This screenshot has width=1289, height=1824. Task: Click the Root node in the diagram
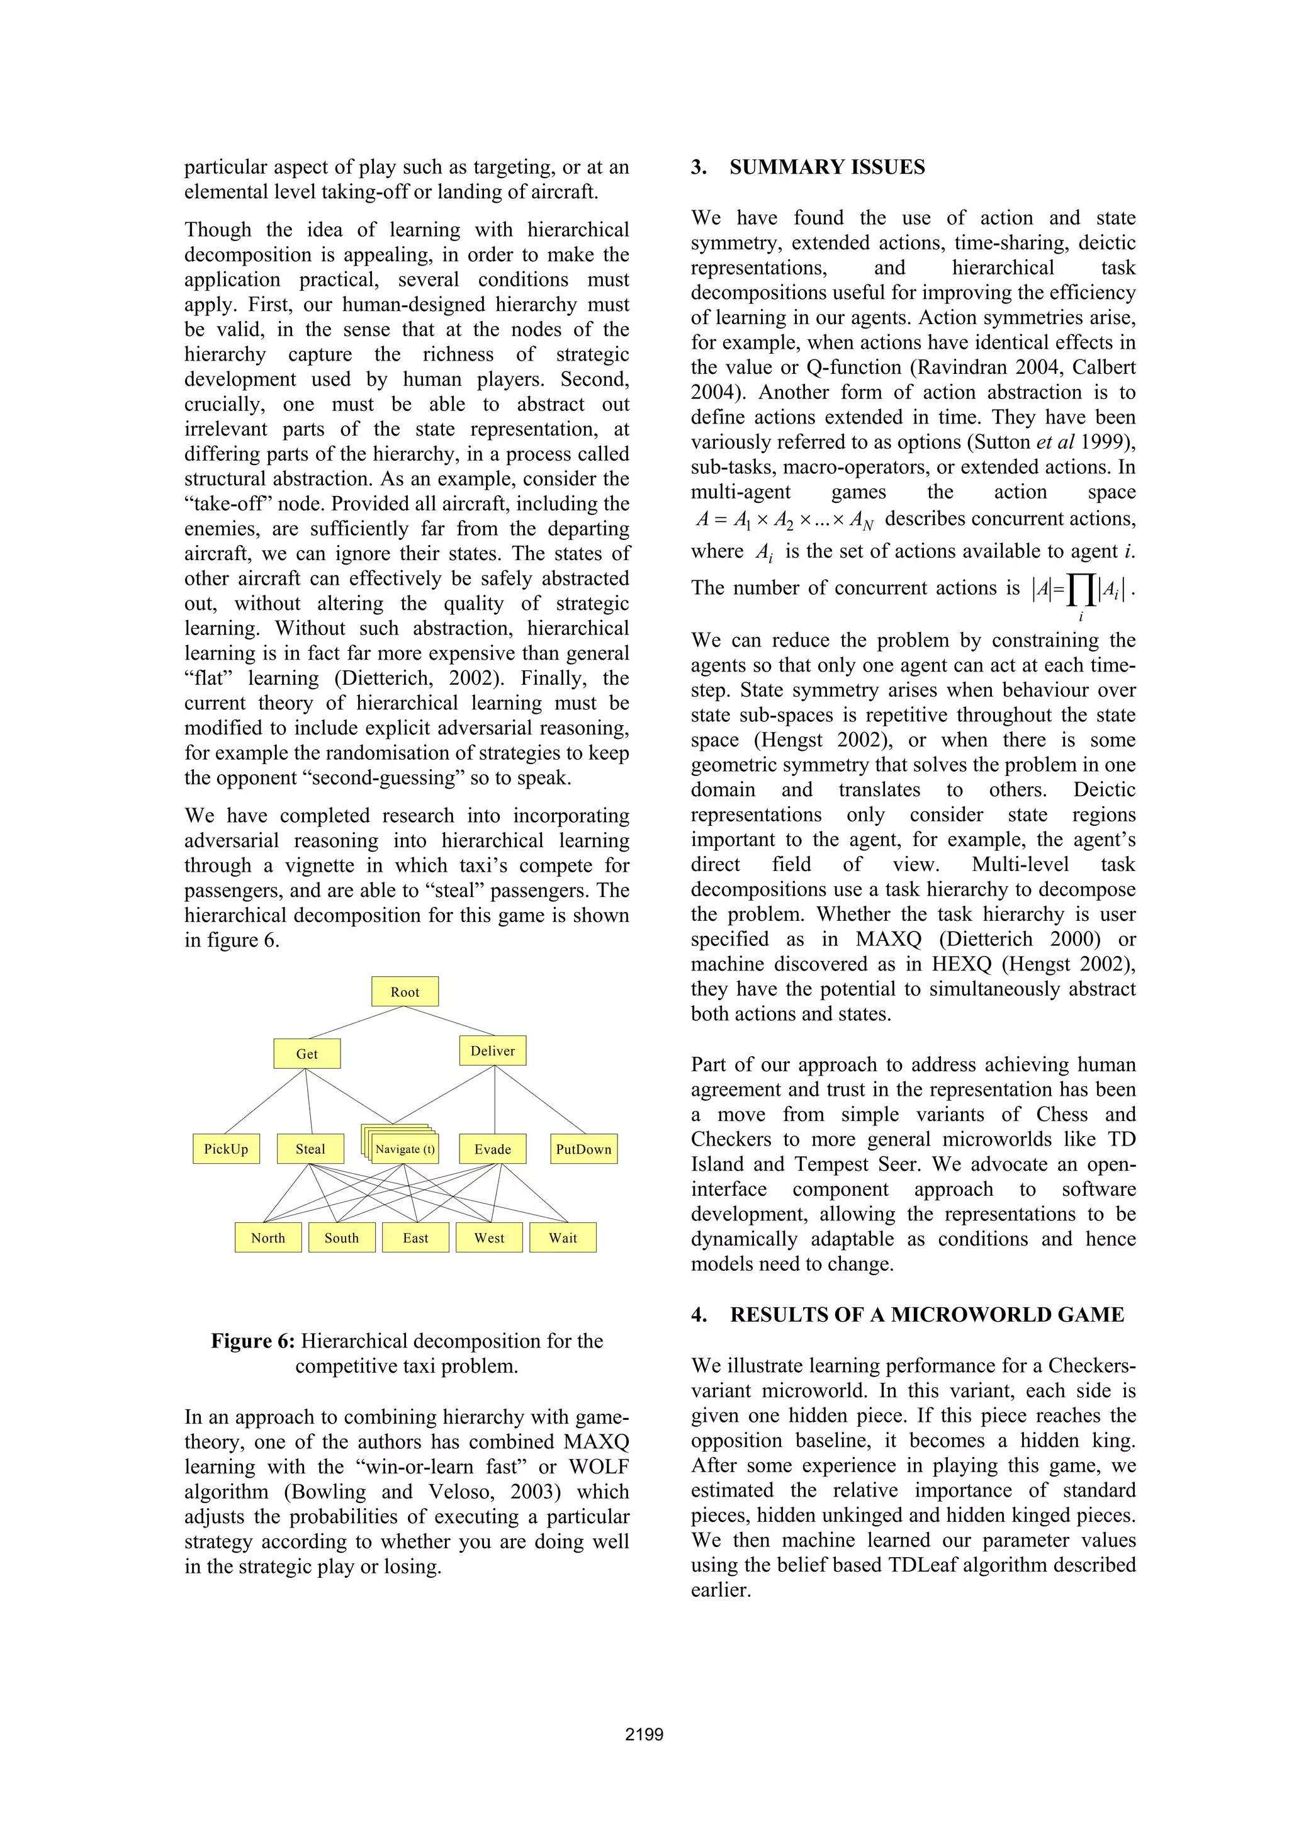point(405,991)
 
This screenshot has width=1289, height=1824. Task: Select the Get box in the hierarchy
point(307,1054)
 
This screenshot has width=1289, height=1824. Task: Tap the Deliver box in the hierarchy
point(492,1050)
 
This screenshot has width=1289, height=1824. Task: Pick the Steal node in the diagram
point(310,1149)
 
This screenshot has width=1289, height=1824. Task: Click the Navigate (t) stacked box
point(405,1149)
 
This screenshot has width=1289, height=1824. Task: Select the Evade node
point(492,1149)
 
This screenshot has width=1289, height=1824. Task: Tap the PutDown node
point(583,1149)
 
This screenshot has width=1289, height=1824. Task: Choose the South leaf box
point(342,1237)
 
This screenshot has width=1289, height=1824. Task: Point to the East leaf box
point(415,1237)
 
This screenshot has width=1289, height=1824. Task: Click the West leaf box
point(489,1237)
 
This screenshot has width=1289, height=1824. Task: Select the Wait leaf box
point(563,1237)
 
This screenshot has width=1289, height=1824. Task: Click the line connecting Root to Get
point(356,1022)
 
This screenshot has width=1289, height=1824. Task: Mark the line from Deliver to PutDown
point(540,1100)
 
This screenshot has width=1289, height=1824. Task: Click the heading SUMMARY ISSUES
point(827,167)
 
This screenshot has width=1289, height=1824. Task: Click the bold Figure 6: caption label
point(252,1341)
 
